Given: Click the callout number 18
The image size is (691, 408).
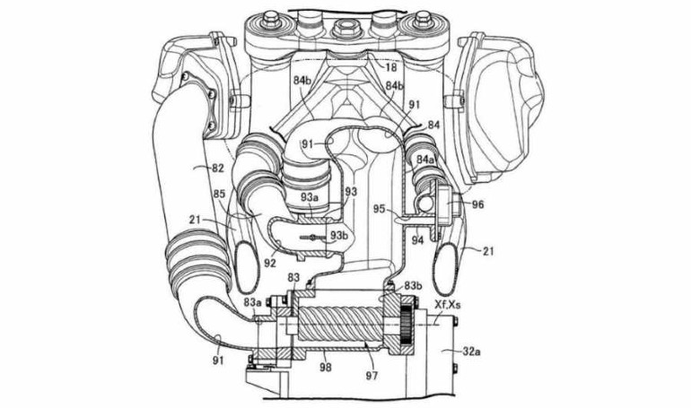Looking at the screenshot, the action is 391,67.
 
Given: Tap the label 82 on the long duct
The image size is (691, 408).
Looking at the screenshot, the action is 217,168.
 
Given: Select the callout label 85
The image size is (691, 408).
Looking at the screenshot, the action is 219,193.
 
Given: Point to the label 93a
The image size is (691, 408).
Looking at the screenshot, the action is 310,197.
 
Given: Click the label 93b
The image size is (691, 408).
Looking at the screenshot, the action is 339,236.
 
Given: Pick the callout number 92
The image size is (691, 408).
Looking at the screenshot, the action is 270,264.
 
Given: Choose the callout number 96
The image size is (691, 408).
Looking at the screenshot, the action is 477,204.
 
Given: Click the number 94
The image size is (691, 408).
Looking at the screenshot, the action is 418,240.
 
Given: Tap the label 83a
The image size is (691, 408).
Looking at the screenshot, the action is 252,302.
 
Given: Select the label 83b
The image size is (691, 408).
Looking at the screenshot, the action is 413,285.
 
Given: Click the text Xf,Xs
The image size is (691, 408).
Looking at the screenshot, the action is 448,304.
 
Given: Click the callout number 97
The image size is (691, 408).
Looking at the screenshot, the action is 372,376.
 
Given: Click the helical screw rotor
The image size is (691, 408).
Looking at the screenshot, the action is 343,326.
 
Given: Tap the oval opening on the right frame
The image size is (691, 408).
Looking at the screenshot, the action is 446,268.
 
